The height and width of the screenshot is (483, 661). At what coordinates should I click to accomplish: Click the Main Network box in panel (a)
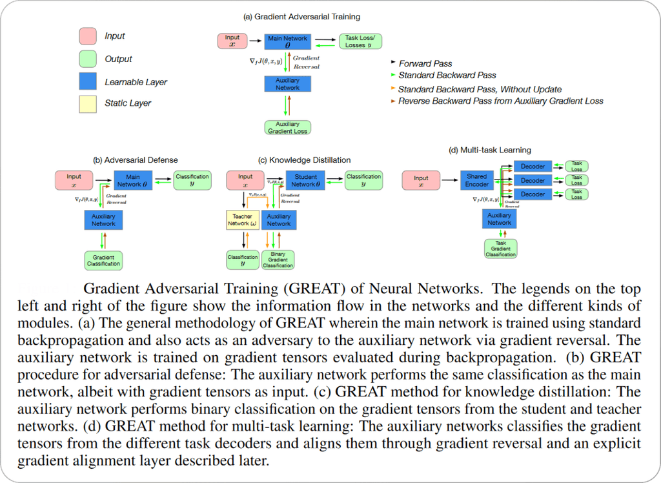click(x=288, y=42)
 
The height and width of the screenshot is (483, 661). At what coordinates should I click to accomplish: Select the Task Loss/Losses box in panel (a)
click(x=360, y=41)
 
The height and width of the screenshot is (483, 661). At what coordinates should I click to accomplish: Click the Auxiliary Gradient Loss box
click(x=288, y=127)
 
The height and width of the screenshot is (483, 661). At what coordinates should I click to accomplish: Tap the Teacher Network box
click(x=242, y=220)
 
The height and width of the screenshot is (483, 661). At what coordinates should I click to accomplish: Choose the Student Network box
click(x=305, y=180)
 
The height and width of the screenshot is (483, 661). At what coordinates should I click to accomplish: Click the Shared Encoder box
click(x=477, y=180)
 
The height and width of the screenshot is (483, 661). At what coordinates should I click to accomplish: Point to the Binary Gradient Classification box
click(x=278, y=259)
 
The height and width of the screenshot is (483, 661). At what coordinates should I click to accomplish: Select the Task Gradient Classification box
click(x=500, y=249)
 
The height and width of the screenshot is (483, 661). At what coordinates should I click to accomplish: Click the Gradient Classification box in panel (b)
click(x=103, y=260)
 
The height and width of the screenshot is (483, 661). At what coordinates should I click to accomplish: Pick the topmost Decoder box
click(x=533, y=167)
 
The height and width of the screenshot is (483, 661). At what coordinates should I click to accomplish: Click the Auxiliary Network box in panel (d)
click(x=500, y=219)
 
